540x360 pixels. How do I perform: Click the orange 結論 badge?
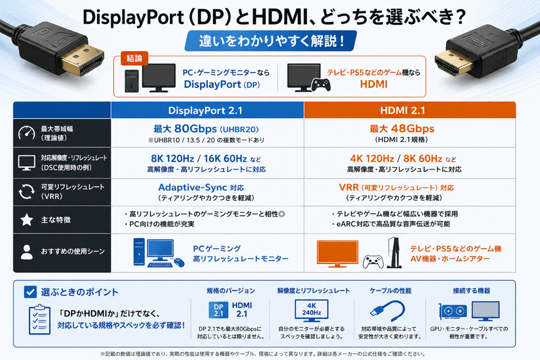[134, 58]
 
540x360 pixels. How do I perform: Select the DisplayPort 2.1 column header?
[205, 111]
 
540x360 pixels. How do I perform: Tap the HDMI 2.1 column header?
[402, 111]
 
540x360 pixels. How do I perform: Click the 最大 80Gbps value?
[206, 129]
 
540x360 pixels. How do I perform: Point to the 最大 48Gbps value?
[402, 129]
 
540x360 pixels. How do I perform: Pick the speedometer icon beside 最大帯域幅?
[26, 133]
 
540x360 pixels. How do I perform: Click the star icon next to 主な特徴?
[26, 220]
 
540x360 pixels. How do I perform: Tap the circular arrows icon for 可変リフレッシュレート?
[26, 191]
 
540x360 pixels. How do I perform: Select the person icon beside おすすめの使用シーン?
[26, 252]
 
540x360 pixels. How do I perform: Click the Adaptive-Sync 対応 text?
[201, 188]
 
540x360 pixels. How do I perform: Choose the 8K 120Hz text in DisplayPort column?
[172, 159]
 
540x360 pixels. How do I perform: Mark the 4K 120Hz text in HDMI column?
[372, 159]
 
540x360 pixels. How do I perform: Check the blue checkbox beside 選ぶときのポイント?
[30, 292]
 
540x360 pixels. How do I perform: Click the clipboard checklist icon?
[40, 319]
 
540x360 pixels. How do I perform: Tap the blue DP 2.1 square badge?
[218, 310]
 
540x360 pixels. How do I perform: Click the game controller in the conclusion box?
[321, 85]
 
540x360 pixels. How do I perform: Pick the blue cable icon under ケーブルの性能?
[387, 311]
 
